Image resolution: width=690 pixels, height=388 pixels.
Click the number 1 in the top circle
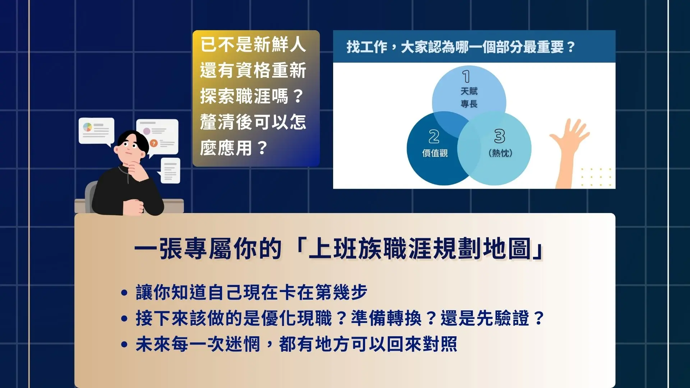(x=466, y=77)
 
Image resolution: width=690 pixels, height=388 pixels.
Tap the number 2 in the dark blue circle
(x=434, y=137)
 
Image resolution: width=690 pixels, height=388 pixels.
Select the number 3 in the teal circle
(x=500, y=136)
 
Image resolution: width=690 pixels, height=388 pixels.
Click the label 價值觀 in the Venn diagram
(x=435, y=153)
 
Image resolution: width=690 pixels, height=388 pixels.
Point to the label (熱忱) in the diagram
(x=500, y=153)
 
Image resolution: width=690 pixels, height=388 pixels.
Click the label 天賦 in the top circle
(x=469, y=91)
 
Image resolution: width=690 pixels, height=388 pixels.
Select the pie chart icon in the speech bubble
(x=88, y=127)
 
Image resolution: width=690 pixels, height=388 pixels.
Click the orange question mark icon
(x=154, y=143)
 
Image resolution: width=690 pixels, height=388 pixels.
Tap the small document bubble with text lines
(x=170, y=170)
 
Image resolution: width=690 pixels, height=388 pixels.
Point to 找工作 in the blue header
(x=367, y=47)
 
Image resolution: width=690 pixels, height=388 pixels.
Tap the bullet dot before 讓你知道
(x=124, y=292)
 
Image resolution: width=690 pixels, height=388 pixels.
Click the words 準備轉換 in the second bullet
(x=386, y=318)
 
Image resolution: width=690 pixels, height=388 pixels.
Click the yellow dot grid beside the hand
(x=596, y=177)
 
